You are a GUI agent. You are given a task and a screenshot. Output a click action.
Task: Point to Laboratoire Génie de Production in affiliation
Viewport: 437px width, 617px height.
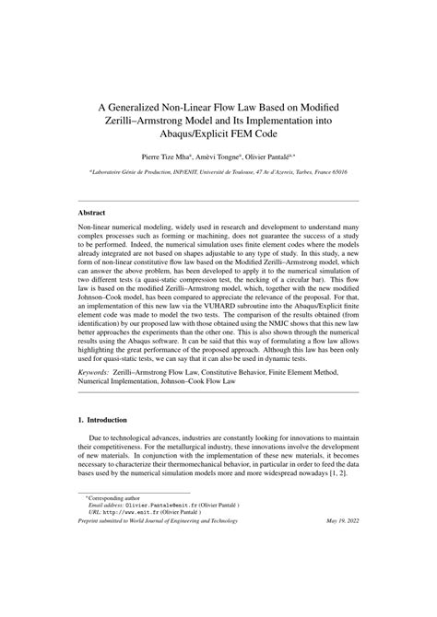pyautogui.click(x=134, y=172)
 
